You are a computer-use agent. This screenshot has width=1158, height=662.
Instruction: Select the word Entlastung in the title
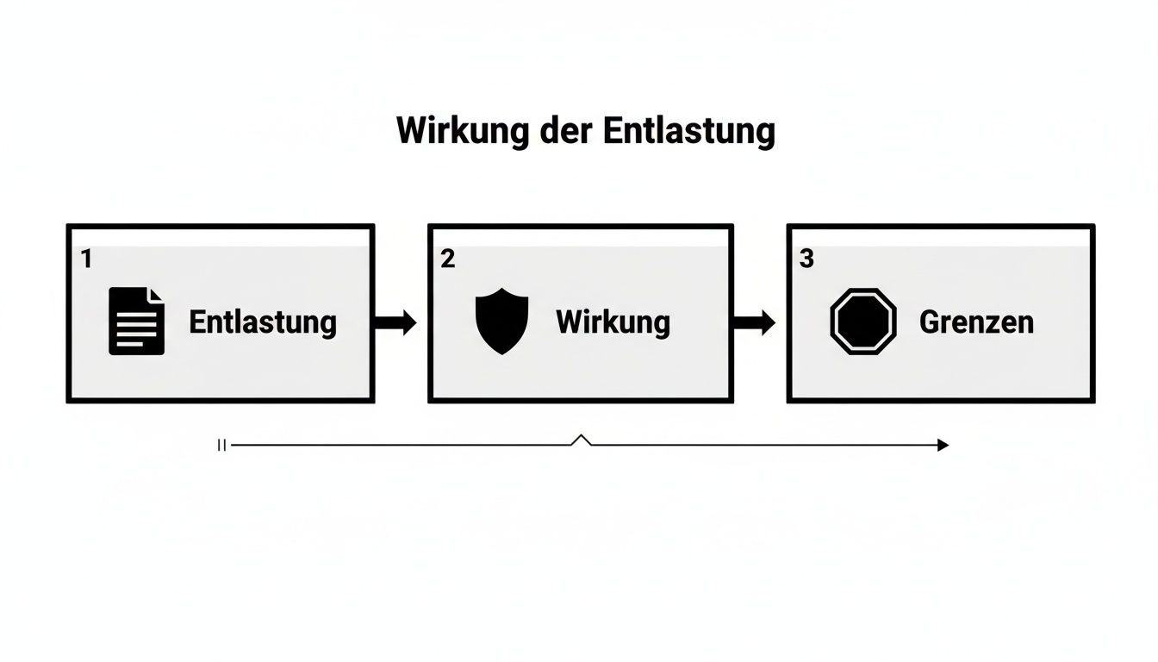(x=688, y=131)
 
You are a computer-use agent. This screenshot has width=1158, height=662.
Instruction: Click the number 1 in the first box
(x=85, y=259)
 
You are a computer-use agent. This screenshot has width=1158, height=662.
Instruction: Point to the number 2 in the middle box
(x=447, y=259)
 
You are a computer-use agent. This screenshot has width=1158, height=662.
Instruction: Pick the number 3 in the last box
(x=806, y=259)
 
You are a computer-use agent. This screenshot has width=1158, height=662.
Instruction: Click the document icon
(x=136, y=322)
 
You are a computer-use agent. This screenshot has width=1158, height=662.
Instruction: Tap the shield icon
(x=501, y=322)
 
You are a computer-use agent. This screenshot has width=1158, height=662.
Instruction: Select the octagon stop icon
(x=863, y=322)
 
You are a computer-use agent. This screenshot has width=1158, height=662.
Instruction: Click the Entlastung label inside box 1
(x=263, y=322)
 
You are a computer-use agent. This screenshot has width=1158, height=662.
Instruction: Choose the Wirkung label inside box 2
(x=613, y=322)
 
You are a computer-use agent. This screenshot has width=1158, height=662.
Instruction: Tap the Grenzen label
(x=976, y=322)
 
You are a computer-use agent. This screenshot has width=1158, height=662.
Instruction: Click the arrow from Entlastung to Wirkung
(x=395, y=322)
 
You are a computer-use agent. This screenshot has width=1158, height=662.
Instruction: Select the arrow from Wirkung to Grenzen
(x=754, y=322)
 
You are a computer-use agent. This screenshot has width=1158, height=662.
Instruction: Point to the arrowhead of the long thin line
(x=943, y=445)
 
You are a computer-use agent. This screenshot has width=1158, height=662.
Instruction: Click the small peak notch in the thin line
(x=582, y=440)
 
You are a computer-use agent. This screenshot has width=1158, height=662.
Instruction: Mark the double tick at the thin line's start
(x=221, y=445)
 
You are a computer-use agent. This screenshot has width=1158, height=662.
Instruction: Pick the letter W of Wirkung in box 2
(x=570, y=322)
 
